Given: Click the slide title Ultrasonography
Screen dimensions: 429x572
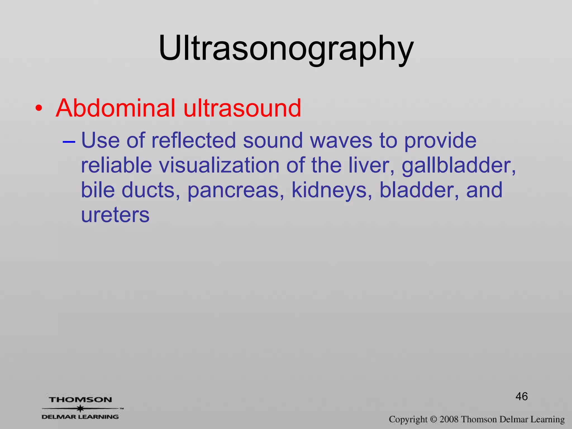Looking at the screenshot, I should [x=286, y=48].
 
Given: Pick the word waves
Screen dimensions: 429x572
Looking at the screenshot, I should [x=341, y=140].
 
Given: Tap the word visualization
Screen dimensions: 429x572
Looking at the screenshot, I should [x=219, y=165].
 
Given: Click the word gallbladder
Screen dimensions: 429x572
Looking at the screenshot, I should [x=458, y=166].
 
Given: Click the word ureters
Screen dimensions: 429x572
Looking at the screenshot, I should [x=115, y=215].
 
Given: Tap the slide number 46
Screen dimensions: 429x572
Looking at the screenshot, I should [x=521, y=396].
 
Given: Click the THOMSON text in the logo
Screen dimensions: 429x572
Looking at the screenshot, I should [x=81, y=400].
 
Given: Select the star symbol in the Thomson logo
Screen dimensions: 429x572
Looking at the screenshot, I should [x=80, y=408].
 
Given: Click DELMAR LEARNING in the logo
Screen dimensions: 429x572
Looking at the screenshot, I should [x=80, y=417].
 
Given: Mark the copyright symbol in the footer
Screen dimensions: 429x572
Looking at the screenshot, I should [x=433, y=420].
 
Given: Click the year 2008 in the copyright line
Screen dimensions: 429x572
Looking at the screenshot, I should [x=449, y=420].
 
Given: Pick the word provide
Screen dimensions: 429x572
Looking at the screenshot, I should [x=440, y=140].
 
